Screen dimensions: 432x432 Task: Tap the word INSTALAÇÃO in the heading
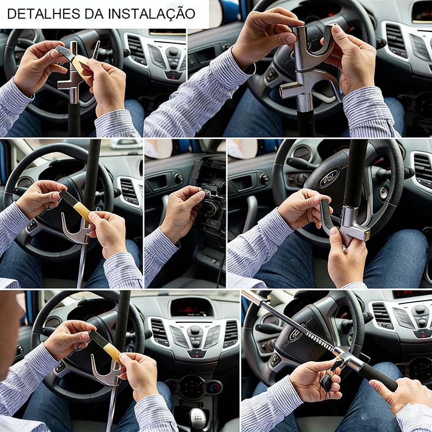(x=152, y=14)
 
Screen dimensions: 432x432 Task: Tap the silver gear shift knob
(x=197, y=418)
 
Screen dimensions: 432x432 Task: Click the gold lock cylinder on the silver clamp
(x=367, y=234)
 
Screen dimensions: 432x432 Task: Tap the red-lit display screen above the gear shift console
(x=192, y=306)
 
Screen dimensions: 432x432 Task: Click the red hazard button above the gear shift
(x=195, y=354)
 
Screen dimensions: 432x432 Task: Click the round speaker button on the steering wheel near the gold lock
(x=384, y=193)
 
